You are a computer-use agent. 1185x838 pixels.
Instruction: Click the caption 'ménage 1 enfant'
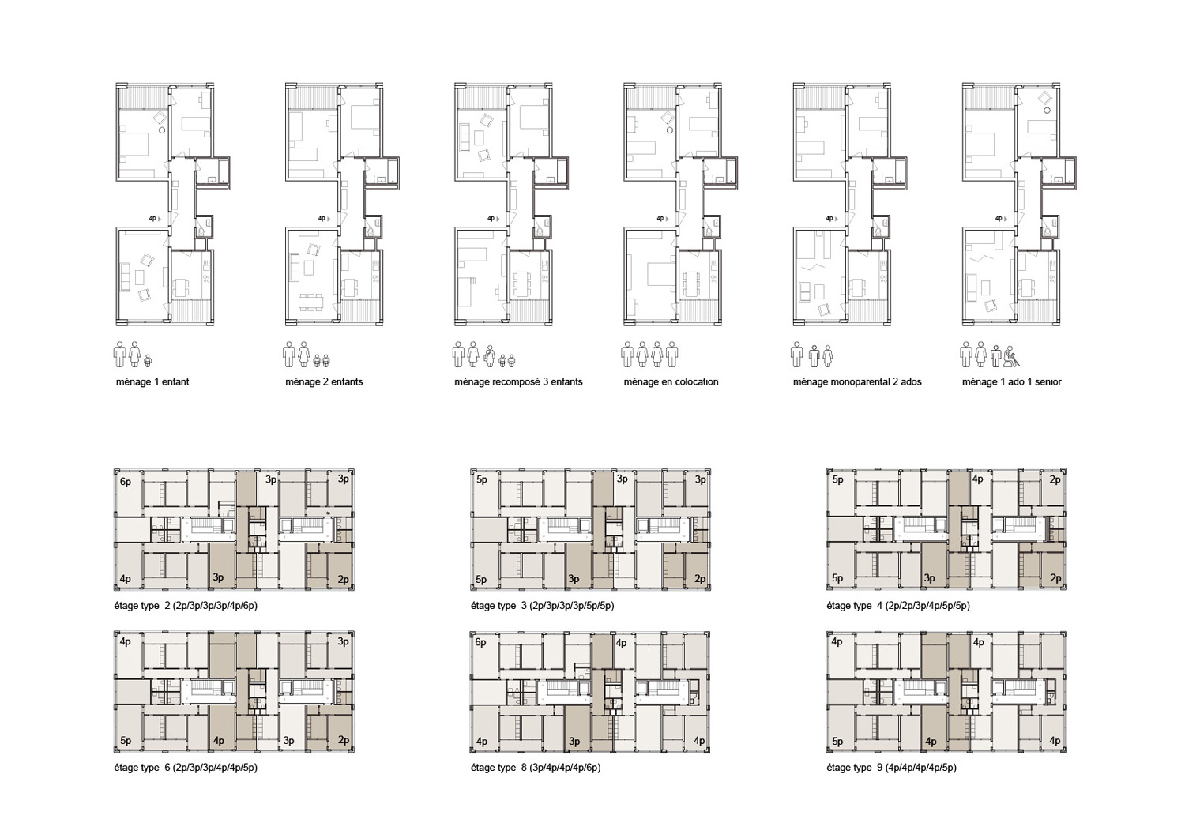(x=152, y=381)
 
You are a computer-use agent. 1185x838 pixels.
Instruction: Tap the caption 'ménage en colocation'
(x=671, y=381)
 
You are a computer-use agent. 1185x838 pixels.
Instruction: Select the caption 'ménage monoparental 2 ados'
(x=857, y=381)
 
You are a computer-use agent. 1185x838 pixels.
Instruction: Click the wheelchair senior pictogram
(x=1012, y=356)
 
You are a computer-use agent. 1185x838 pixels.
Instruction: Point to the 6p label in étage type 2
(x=126, y=482)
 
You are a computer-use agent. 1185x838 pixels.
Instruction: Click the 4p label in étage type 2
(x=126, y=579)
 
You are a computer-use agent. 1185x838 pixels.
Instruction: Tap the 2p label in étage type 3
(x=701, y=579)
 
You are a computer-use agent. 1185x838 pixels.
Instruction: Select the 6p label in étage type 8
(x=480, y=642)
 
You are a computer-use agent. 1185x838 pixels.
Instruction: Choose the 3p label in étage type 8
(x=574, y=741)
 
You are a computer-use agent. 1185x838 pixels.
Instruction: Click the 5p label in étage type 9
(x=837, y=741)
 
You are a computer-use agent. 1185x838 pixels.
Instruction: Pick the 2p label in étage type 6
(x=344, y=740)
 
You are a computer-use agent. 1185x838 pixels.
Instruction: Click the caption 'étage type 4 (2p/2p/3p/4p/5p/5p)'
(x=898, y=606)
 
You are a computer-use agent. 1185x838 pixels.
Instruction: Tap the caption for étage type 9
(x=892, y=768)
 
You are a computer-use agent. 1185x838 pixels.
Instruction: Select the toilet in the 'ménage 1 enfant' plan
(x=201, y=231)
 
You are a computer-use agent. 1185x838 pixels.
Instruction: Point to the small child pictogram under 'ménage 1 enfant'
(x=149, y=360)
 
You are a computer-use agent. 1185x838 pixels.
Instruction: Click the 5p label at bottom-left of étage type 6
(x=126, y=740)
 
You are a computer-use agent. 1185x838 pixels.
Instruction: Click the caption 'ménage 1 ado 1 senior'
(x=1011, y=381)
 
